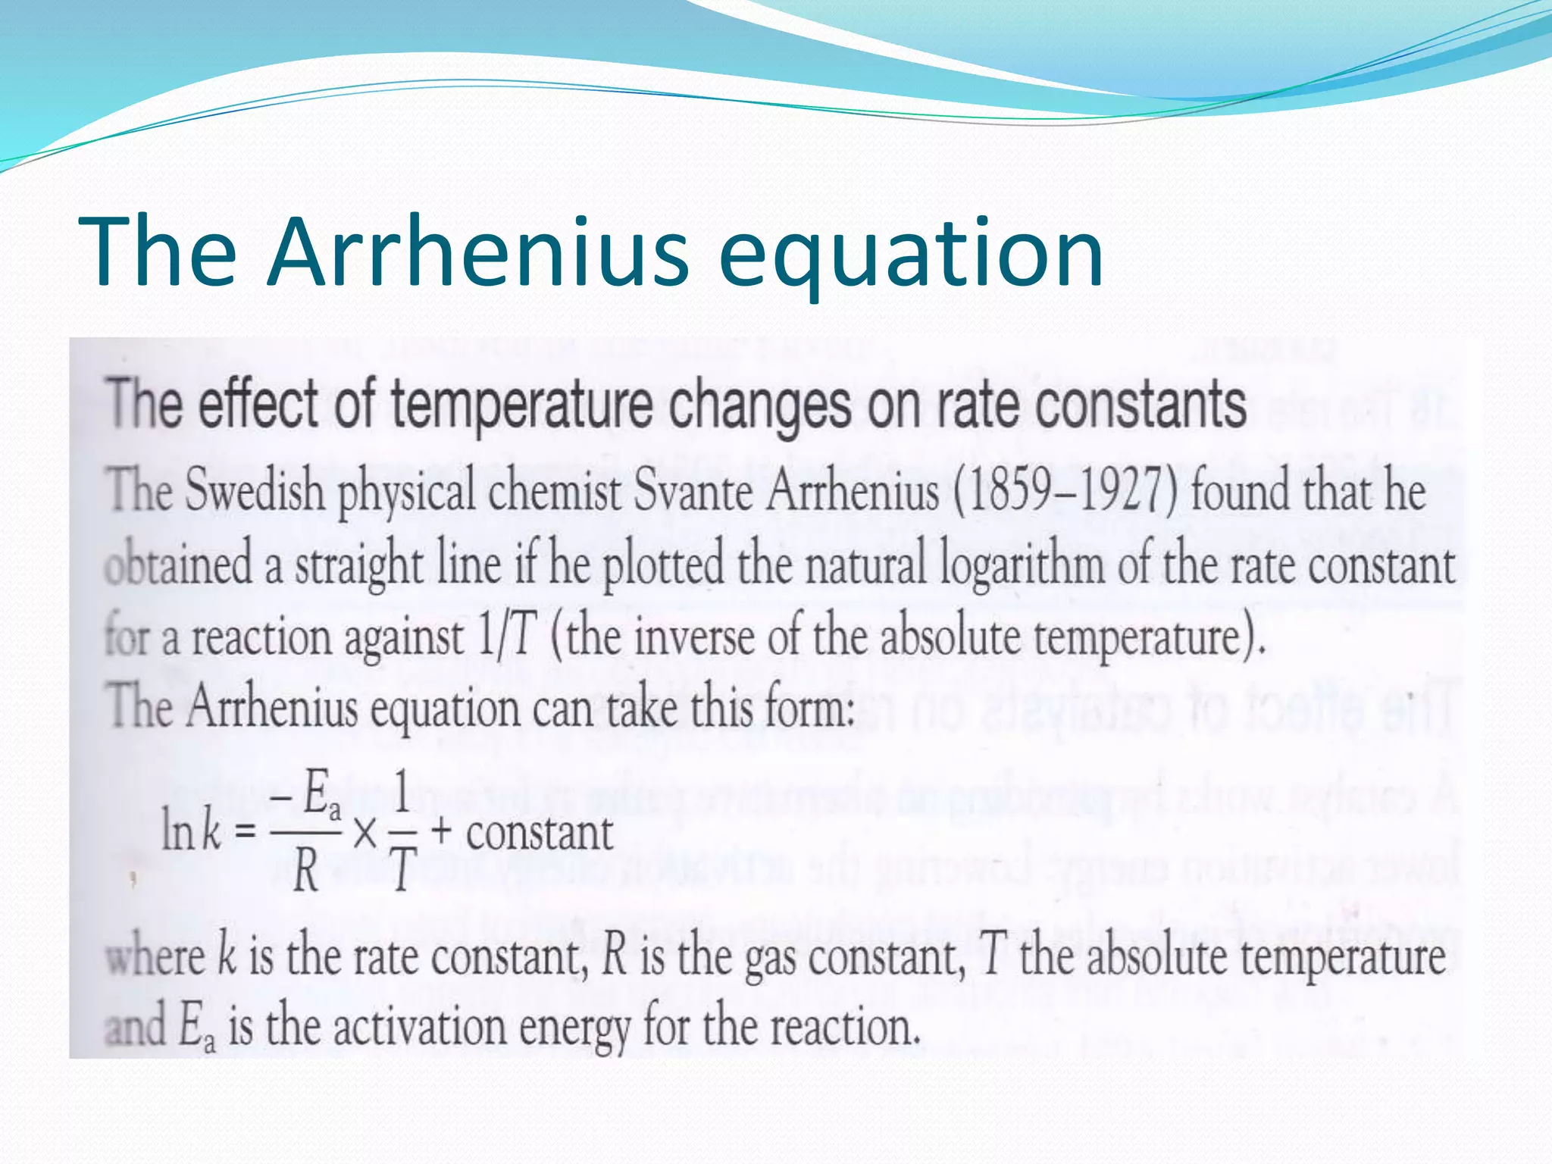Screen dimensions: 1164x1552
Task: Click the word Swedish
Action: click(x=255, y=490)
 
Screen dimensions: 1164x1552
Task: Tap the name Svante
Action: click(x=692, y=490)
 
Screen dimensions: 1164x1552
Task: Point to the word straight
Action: click(x=358, y=565)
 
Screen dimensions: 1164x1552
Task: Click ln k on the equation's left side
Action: click(x=190, y=832)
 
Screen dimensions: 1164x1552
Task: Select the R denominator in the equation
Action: click(x=305, y=870)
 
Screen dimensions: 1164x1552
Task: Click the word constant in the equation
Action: click(x=539, y=833)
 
